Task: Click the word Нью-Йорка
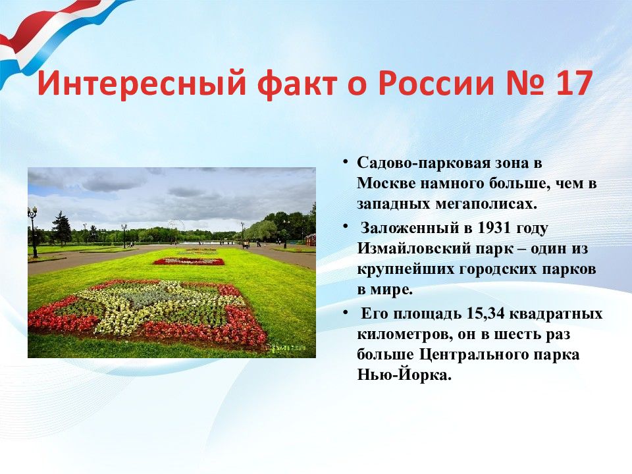tap(404, 375)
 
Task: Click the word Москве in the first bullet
tap(386, 184)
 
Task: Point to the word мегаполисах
tap(486, 204)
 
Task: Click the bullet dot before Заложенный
tap(346, 226)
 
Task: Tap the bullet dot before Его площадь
tap(346, 312)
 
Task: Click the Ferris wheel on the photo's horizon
tap(176, 226)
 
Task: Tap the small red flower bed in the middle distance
tap(189, 261)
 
